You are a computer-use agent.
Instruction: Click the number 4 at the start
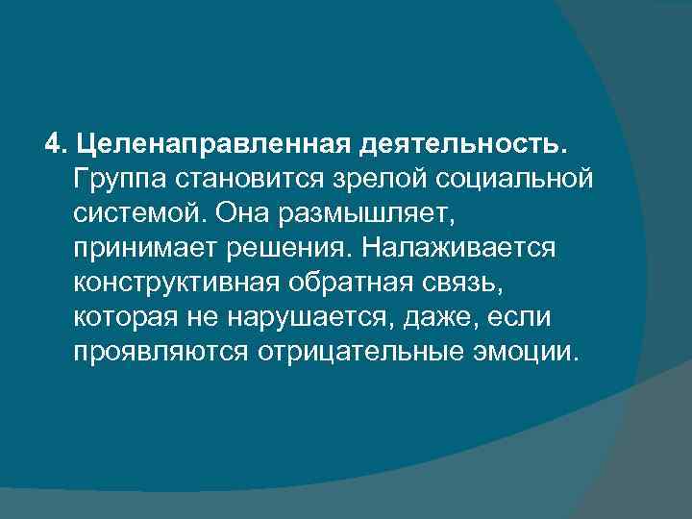tap(52, 144)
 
